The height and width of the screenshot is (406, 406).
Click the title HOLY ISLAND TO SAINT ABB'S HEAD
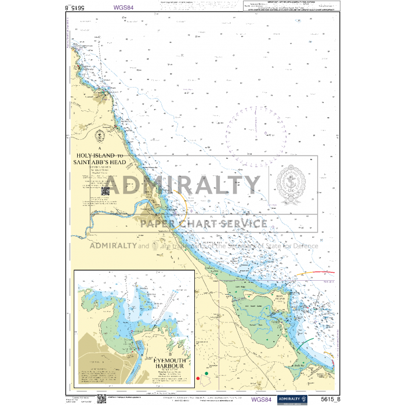(100, 159)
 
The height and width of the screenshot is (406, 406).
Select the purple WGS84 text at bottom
(261, 399)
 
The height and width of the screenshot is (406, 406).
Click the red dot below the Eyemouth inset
(198, 378)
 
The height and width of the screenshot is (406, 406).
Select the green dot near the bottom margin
(207, 374)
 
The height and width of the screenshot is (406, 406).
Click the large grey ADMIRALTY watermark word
(182, 185)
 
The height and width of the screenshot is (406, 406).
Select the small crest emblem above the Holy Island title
(100, 136)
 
